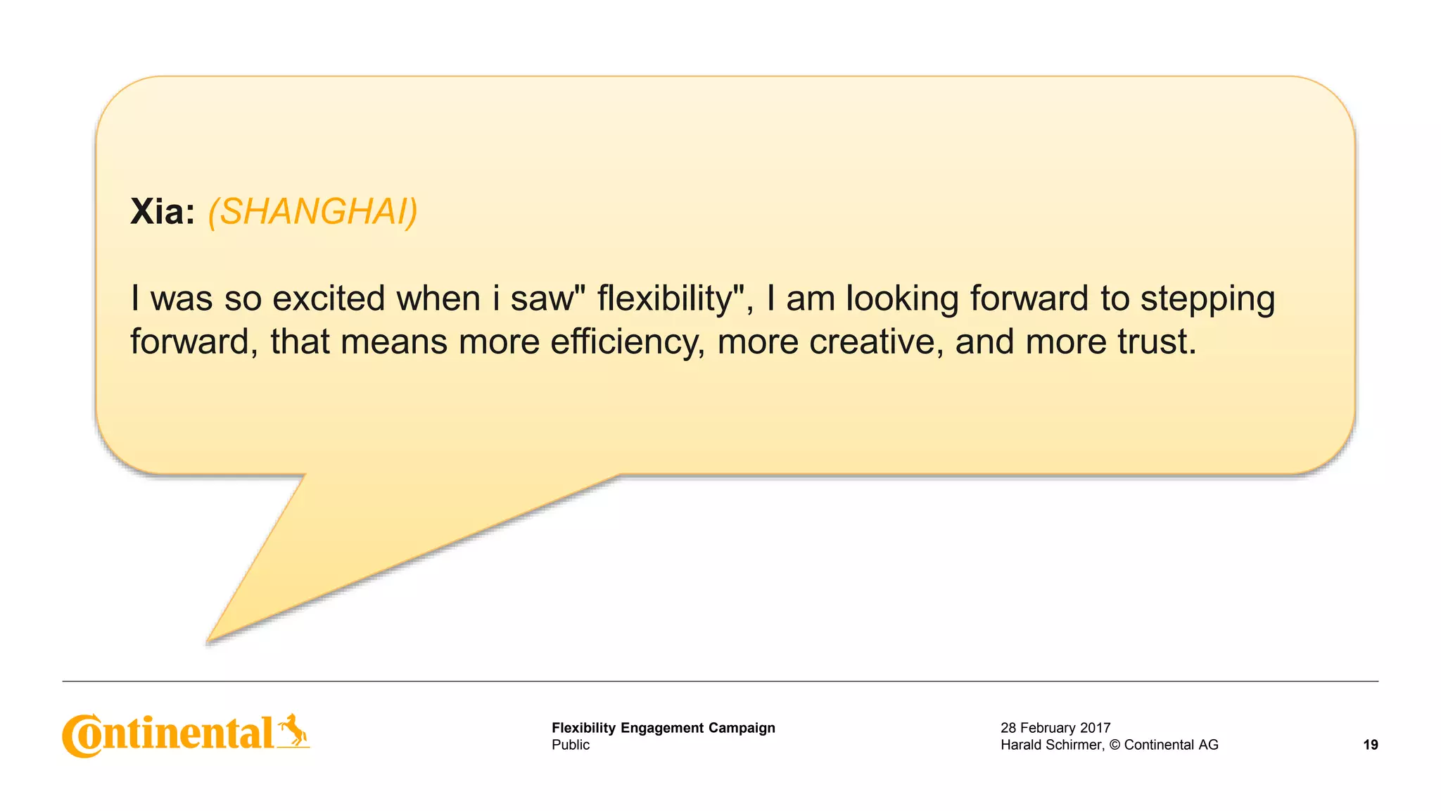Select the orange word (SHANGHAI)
[x=312, y=211]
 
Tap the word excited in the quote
[x=328, y=298]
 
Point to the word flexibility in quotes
[x=665, y=298]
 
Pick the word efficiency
[x=627, y=342]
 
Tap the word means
[x=394, y=342]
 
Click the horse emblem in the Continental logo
[x=293, y=730]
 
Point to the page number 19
[x=1370, y=745]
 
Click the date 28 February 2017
[x=1055, y=728]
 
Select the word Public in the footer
[x=571, y=745]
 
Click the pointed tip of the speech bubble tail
[x=209, y=640]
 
